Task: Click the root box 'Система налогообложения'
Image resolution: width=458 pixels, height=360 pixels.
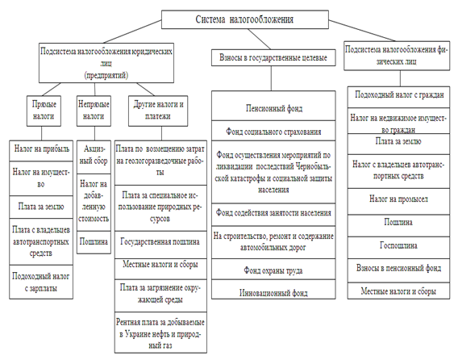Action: (245, 19)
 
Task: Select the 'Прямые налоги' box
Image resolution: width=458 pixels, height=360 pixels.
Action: (44, 111)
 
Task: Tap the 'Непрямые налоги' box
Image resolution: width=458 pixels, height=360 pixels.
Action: (94, 111)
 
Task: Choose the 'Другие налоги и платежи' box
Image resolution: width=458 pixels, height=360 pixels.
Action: (158, 111)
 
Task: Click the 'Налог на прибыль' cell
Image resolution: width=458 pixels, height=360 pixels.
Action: (41, 151)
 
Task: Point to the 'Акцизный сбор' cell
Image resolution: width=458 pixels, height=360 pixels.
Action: (94, 157)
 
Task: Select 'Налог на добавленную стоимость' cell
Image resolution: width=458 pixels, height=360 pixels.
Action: (94, 203)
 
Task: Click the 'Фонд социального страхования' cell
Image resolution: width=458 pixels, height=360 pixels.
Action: (273, 131)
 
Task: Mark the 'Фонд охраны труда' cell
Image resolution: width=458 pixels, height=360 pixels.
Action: (273, 269)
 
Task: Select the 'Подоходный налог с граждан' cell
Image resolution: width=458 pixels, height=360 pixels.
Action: (398, 97)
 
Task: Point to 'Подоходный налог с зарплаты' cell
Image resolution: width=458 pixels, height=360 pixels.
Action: (41, 282)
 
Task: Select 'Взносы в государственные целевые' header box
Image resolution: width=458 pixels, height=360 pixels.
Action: (273, 57)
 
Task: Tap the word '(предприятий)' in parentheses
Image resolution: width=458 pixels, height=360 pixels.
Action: (106, 75)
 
